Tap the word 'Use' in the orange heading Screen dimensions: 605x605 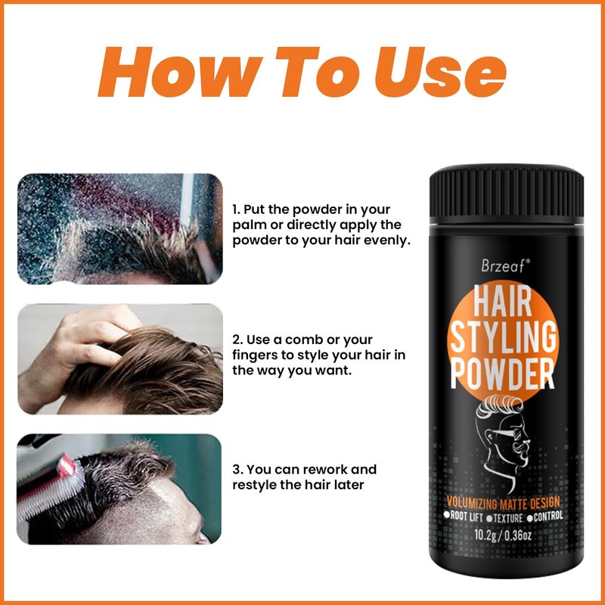pyautogui.click(x=441, y=72)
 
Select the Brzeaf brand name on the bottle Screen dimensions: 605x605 pyautogui.click(x=505, y=265)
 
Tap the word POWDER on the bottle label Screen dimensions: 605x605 pyautogui.click(x=502, y=374)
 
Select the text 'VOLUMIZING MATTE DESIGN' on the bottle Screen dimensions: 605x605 pyautogui.click(x=503, y=503)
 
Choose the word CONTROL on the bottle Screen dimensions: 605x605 pyautogui.click(x=544, y=517)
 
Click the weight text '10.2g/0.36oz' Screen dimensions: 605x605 pyautogui.click(x=503, y=535)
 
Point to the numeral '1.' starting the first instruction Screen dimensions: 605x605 pyautogui.click(x=236, y=209)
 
